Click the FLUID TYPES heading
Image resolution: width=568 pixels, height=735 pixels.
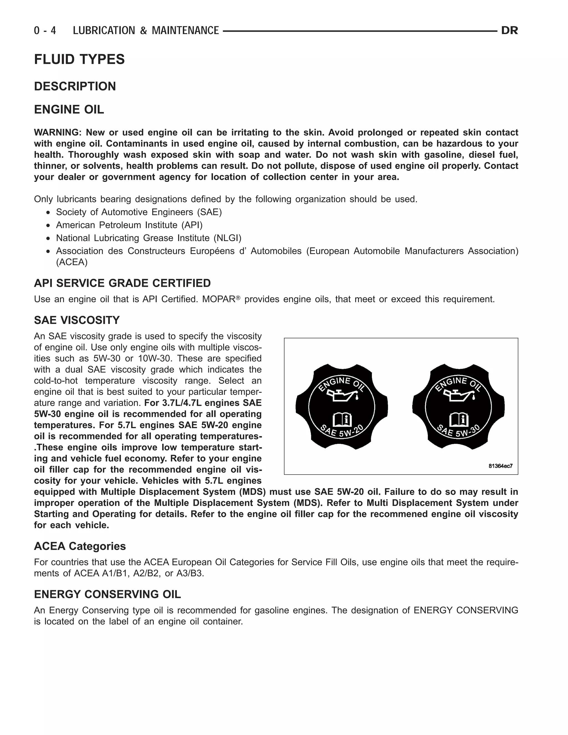pyautogui.click(x=79, y=59)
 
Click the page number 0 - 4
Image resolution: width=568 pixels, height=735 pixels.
pyautogui.click(x=45, y=31)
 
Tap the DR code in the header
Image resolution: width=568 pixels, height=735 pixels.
pyautogui.click(x=509, y=31)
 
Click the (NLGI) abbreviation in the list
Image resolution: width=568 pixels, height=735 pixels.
pyautogui.click(x=227, y=238)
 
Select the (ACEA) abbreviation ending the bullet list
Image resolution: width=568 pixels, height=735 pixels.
pyautogui.click(x=72, y=262)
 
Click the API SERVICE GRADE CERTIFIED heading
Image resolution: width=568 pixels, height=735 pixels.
pyautogui.click(x=122, y=283)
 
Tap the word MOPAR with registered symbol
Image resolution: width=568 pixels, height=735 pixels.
pyautogui.click(x=221, y=299)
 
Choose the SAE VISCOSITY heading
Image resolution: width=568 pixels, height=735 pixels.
pyautogui.click(x=77, y=320)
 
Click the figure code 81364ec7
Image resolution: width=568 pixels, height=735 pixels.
pyautogui.click(x=500, y=466)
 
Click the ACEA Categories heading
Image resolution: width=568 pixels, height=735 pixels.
pyautogui.click(x=80, y=546)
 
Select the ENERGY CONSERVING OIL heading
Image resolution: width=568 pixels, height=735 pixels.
pyautogui.click(x=107, y=594)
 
